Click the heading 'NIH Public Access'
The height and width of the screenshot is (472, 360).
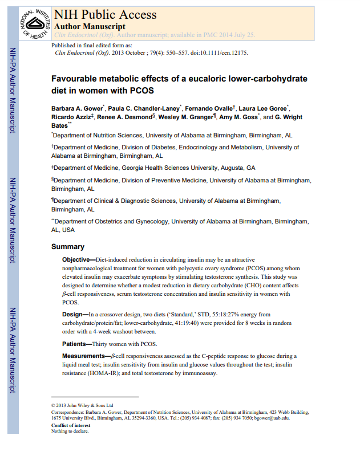(x=104, y=15)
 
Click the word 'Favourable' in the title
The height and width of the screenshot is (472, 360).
(x=78, y=79)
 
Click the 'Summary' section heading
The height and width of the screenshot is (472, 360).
(x=68, y=247)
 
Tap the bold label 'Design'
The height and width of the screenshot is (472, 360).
(x=73, y=314)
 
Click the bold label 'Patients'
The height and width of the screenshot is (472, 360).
(x=76, y=344)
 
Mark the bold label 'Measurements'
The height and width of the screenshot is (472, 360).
(x=84, y=356)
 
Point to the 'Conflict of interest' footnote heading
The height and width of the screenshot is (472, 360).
(x=71, y=425)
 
